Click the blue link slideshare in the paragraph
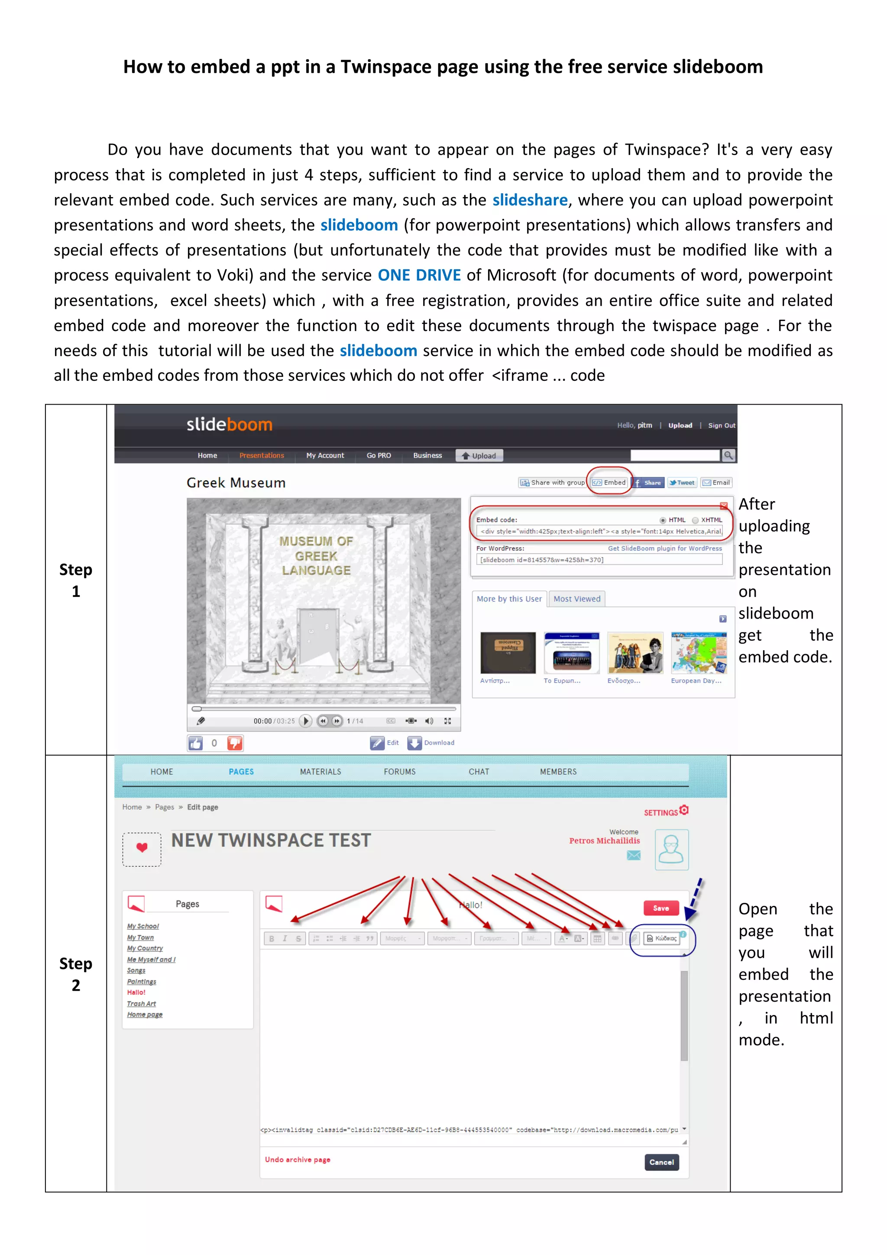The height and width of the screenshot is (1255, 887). point(530,200)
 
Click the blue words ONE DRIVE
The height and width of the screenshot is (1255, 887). point(419,275)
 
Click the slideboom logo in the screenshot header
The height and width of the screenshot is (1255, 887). point(229,425)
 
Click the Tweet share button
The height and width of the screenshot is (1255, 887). point(682,483)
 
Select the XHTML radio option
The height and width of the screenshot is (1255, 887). point(695,520)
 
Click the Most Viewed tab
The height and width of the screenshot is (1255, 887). point(576,599)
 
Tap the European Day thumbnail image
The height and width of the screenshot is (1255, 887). point(699,653)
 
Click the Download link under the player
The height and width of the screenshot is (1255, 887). point(438,743)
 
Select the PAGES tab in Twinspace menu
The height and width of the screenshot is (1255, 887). point(241,772)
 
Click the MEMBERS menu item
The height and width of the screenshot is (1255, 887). point(558,772)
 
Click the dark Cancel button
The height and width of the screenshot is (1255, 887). point(661,1163)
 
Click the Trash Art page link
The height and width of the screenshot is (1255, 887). point(142,1004)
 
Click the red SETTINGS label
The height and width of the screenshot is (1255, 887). point(661,813)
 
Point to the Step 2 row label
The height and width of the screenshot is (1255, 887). point(75,974)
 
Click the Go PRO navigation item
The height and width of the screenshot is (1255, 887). point(379,455)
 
